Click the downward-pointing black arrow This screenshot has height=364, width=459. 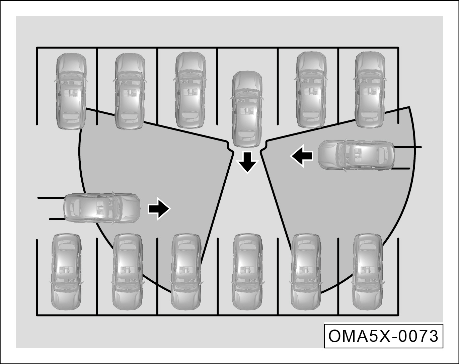coord(247,162)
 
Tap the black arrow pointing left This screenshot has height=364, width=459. coord(302,156)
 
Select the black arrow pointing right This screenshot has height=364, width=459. coord(159,209)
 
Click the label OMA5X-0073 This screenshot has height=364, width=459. coord(383,336)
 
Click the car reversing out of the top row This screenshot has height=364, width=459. coord(247,109)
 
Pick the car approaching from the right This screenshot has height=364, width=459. coord(356,155)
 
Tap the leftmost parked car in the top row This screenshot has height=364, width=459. coord(71,91)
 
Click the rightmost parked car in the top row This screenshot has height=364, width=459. coord(370,90)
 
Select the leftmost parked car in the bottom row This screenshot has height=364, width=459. coord(66,272)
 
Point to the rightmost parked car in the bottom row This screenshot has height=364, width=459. coord(368,272)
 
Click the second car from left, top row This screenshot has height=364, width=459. coord(130,91)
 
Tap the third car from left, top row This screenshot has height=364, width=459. coord(190,90)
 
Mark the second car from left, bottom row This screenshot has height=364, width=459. coord(128,272)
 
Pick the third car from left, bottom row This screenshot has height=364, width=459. coord(186,272)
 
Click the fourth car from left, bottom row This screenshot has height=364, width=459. coord(247,272)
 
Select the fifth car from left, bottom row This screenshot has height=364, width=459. coord(306,272)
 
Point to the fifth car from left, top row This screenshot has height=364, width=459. coord(311,90)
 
